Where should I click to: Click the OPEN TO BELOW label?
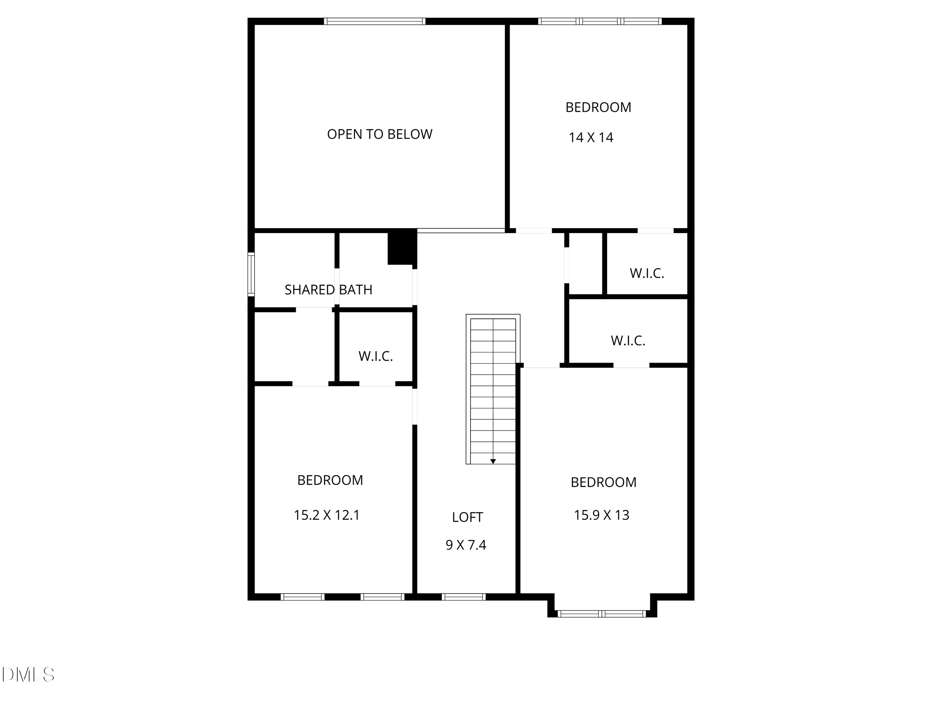pyautogui.click(x=379, y=134)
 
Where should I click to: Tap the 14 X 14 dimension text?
pyautogui.click(x=591, y=138)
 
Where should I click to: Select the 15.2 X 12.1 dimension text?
pyautogui.click(x=327, y=515)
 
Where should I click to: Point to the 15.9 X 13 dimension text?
pyautogui.click(x=601, y=515)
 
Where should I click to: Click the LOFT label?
pyautogui.click(x=467, y=517)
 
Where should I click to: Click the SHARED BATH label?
pyautogui.click(x=328, y=290)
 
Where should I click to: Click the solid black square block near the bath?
pyautogui.click(x=402, y=248)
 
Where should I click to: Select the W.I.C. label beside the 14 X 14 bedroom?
pyautogui.click(x=647, y=274)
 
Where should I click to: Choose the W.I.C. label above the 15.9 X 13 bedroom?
pyautogui.click(x=628, y=341)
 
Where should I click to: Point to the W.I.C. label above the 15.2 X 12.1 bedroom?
pyautogui.click(x=375, y=356)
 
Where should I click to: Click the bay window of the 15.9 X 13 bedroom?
pyautogui.click(x=602, y=614)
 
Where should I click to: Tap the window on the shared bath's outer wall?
pyautogui.click(x=251, y=274)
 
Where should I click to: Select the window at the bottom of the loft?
pyautogui.click(x=463, y=597)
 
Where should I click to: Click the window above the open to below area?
pyautogui.click(x=374, y=21)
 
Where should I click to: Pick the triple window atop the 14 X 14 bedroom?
pyautogui.click(x=600, y=21)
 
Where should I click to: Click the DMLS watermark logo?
pyautogui.click(x=28, y=675)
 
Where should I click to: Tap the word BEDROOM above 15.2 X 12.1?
pyautogui.click(x=330, y=480)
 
